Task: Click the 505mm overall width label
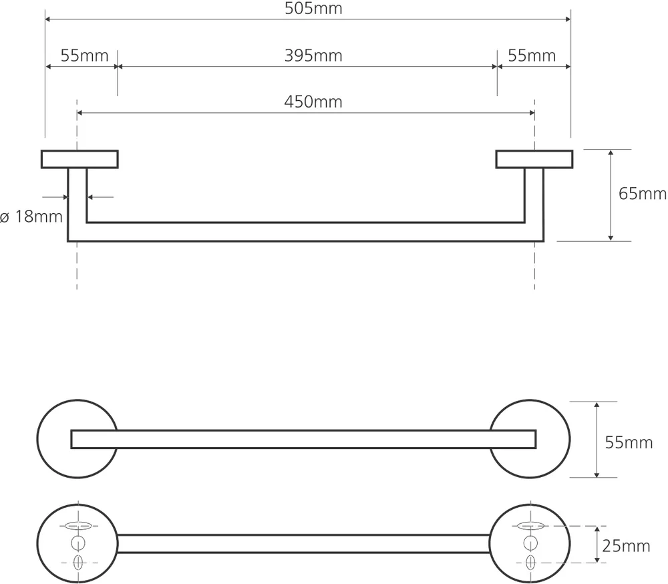coord(313,9)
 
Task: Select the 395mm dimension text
coord(313,56)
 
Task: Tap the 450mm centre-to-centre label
coord(313,102)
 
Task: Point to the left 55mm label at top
coord(84,56)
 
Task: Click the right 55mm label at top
coord(532,56)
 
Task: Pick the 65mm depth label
coord(643,194)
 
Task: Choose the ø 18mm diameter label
coord(31,216)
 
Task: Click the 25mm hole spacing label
coord(627,546)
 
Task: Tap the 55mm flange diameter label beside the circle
coord(629,442)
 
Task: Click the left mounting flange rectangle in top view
coord(79,159)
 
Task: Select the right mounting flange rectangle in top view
coord(534,159)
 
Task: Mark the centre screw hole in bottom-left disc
coord(78,543)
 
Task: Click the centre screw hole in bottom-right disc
coord(530,543)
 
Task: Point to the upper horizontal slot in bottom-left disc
coord(78,526)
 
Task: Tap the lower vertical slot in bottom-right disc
coord(530,562)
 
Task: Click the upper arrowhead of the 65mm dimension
coord(611,152)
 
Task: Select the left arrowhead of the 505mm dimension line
coord(48,19)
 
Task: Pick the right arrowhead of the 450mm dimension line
coord(532,113)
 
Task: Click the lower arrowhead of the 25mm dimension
coord(597,560)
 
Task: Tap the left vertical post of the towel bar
coord(77,204)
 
